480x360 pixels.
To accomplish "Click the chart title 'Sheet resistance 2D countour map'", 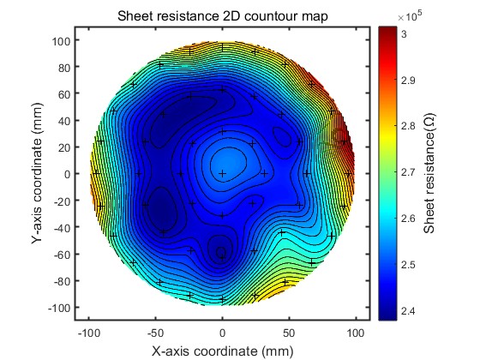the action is point(223,16).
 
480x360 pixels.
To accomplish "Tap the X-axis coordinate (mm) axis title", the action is point(223,351).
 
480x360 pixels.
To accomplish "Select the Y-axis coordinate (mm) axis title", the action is point(37,173).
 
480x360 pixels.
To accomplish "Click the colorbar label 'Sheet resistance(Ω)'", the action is point(429,173).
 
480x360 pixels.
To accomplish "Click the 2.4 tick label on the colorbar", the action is point(408,311).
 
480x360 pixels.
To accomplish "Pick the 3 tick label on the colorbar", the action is point(404,34).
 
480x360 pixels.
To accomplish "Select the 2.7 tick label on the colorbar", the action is point(408,172).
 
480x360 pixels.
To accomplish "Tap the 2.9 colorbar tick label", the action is point(408,81).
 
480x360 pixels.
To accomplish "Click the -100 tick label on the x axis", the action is point(89,333).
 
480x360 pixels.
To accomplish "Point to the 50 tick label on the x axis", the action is point(290,333).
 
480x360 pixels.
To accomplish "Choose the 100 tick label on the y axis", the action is point(61,41).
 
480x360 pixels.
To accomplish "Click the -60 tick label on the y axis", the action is point(62,254).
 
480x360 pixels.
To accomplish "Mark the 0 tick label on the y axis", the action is point(68,174).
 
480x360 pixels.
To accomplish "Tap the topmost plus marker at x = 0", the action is point(223,47).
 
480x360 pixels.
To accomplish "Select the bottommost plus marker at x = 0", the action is point(223,299).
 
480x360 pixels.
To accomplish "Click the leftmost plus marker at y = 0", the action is point(96,173).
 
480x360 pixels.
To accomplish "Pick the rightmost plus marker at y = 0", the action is point(348,173).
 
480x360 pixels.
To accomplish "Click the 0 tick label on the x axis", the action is point(223,333).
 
